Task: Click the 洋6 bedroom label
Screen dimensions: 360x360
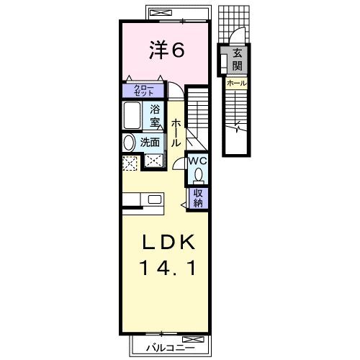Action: click(x=167, y=50)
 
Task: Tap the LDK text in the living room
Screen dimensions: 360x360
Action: click(x=171, y=242)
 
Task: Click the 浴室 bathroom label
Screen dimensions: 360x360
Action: click(x=155, y=115)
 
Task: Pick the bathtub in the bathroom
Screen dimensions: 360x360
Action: click(x=133, y=115)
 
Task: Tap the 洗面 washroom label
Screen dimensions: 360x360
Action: click(x=150, y=142)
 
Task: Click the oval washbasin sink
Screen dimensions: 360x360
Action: click(x=129, y=142)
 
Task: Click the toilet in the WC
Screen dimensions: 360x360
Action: click(x=199, y=175)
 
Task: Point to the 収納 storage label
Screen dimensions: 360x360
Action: click(x=197, y=197)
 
